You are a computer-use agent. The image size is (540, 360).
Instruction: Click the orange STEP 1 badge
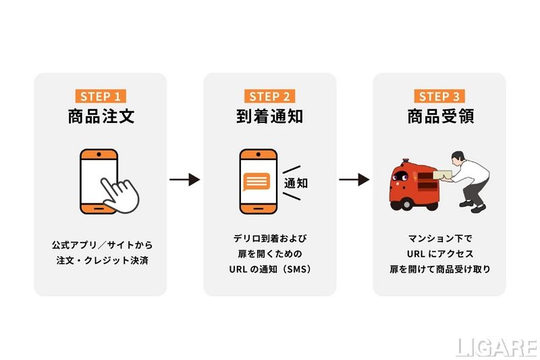tap(101, 96)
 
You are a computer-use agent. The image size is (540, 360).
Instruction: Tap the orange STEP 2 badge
tap(269, 96)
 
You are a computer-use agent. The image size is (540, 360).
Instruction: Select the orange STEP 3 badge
tap(439, 96)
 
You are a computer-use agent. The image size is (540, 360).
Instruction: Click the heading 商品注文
tap(101, 116)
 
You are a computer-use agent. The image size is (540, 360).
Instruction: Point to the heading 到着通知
tap(269, 116)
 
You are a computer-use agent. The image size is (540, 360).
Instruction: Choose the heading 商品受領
tap(441, 116)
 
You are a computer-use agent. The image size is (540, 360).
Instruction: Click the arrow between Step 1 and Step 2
tap(184, 180)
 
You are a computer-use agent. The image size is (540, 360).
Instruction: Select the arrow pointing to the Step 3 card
tap(354, 180)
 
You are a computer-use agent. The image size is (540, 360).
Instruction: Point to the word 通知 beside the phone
tap(296, 183)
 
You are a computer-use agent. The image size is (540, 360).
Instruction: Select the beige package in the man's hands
tap(443, 174)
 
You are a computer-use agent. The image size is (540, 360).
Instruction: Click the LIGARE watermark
tap(497, 347)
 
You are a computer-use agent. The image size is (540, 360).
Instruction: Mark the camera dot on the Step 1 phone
tap(99, 155)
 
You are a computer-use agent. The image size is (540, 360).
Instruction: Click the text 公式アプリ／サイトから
tap(103, 245)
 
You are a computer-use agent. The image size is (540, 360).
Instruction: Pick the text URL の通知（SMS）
tap(270, 269)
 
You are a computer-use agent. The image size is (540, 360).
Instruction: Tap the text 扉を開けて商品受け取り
tap(440, 269)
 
